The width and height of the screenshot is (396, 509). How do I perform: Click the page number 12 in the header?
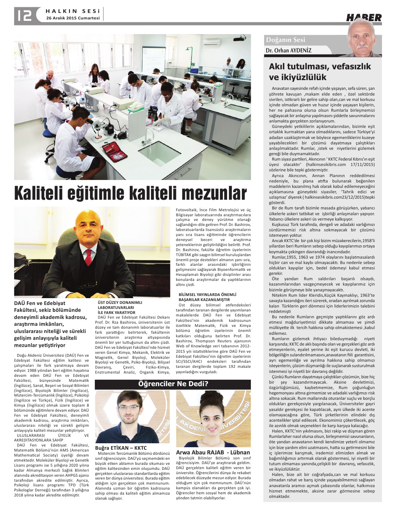[x=24, y=15]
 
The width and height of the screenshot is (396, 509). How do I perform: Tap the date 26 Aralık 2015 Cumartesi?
[x=73, y=18]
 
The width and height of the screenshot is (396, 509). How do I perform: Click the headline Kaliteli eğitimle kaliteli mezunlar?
[x=130, y=193]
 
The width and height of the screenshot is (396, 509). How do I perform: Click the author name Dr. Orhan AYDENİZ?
[x=289, y=51]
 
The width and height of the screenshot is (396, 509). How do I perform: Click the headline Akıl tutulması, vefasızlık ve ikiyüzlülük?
[x=319, y=72]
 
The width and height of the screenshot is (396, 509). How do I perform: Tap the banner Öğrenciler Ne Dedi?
[x=173, y=384]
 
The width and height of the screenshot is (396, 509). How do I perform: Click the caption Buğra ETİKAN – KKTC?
[x=121, y=448]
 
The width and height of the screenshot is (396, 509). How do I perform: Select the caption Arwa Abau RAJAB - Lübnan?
[x=213, y=452]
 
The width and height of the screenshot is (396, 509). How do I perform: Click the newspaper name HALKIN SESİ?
[x=73, y=11]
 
